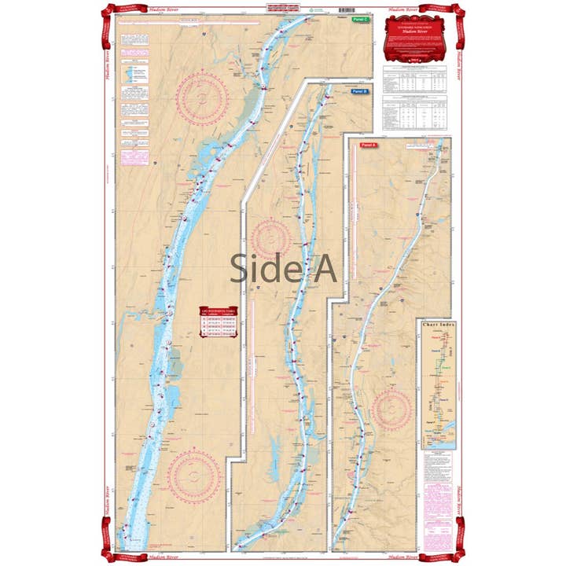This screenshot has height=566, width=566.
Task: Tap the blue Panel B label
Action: [x=358, y=91]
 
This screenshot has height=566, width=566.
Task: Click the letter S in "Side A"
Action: [x=240, y=269]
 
